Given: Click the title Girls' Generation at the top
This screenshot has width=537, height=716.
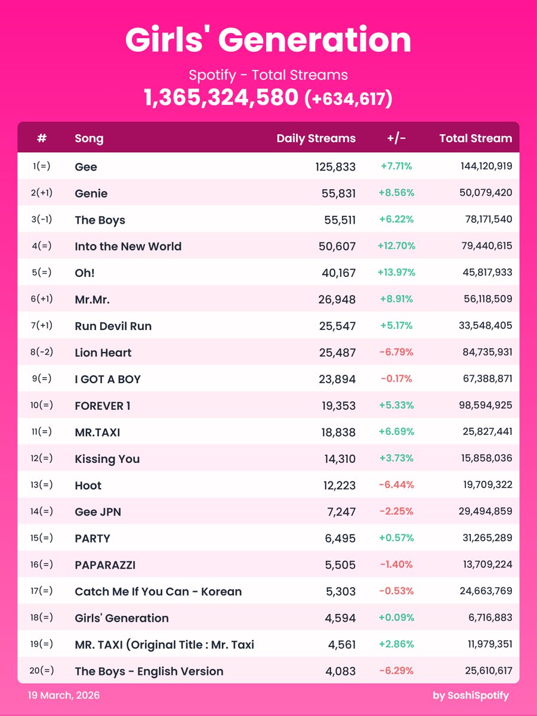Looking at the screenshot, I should coord(268,41).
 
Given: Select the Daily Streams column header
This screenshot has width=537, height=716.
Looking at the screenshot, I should coord(316,138).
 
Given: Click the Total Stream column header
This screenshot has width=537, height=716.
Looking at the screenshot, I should coord(475,138).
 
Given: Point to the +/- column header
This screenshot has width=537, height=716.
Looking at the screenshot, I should coord(396,138).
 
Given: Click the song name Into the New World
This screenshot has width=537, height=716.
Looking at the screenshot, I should coord(128,246).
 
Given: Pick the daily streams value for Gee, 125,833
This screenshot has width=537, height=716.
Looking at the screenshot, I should coord(335,167).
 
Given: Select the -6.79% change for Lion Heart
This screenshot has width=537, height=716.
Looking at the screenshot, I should coord(396,353).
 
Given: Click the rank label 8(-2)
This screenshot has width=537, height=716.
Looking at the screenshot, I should coord(42,352).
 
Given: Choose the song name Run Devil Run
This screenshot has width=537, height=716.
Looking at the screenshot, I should coord(113,326).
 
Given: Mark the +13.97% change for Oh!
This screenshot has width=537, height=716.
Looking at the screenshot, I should coord(396,273).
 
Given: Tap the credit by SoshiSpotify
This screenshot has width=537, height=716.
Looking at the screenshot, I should coord(471,696).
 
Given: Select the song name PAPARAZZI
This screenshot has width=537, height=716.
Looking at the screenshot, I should coord(106,565).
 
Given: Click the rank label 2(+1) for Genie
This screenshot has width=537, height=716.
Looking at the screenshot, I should coord(42,193).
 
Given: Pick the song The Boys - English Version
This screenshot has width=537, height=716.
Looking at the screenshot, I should coord(149,671).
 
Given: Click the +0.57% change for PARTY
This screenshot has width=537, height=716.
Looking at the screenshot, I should coord(396,538).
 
